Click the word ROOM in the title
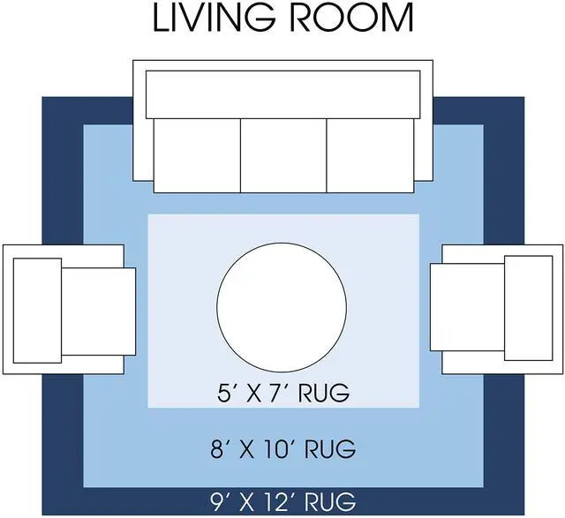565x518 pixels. click(x=351, y=18)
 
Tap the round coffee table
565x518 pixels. click(x=282, y=307)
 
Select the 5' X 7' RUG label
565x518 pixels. click(x=283, y=393)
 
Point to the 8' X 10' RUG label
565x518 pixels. click(x=283, y=449)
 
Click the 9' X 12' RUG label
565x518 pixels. click(x=283, y=501)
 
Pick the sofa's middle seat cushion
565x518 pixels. click(x=283, y=155)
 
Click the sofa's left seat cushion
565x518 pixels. click(x=197, y=155)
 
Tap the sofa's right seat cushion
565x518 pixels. click(x=371, y=155)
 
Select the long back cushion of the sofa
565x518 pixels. click(x=282, y=94)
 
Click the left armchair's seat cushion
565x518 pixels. click(x=98, y=312)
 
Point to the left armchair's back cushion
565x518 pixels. click(x=37, y=310)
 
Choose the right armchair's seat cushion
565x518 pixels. click(x=467, y=307)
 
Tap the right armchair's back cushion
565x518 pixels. click(x=528, y=308)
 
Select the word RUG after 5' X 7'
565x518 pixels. click(x=324, y=393)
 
